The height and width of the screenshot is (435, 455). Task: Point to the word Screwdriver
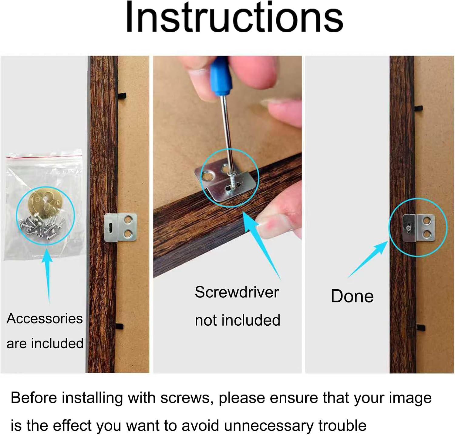[237, 292]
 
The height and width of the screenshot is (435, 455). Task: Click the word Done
[352, 296]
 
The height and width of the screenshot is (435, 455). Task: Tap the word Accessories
[45, 319]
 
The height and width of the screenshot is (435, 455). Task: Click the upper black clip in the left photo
[122, 97]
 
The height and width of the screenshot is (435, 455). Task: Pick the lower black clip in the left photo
[120, 327]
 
